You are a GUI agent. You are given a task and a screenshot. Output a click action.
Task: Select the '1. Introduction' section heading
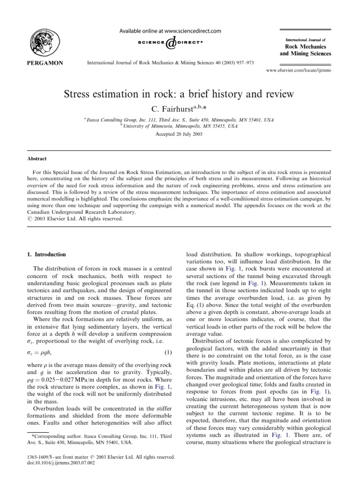(45, 255)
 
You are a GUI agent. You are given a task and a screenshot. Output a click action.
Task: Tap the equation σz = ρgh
(41, 352)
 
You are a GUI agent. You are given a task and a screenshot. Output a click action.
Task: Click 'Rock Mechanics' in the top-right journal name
(308, 46)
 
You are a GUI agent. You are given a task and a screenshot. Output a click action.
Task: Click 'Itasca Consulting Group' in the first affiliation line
(106, 120)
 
